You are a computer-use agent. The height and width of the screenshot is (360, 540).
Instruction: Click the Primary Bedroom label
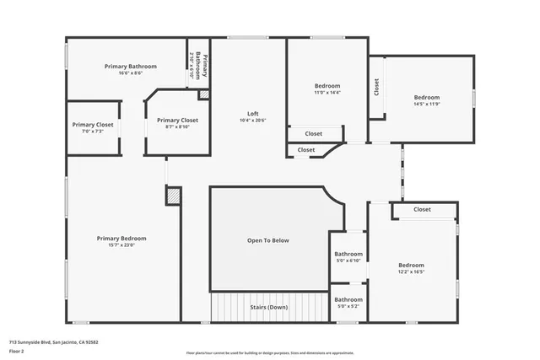[x=121, y=239]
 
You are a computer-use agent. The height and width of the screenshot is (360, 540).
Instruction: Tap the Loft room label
[x=252, y=114]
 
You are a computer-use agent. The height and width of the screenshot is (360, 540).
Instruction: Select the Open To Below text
[x=268, y=240]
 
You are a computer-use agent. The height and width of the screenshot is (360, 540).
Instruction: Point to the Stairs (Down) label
[x=268, y=307]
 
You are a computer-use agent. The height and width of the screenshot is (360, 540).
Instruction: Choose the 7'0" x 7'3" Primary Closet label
[x=93, y=125]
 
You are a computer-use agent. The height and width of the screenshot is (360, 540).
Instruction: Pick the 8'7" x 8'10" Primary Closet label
[x=177, y=121]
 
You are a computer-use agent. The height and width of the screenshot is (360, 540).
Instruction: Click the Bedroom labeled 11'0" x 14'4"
[x=327, y=86]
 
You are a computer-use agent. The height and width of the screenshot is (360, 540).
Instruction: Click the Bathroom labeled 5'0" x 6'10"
[x=348, y=254]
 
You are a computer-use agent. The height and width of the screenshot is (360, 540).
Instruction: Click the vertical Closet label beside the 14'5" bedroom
[x=376, y=87]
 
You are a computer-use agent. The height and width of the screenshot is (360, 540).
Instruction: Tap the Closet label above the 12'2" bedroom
[x=422, y=209]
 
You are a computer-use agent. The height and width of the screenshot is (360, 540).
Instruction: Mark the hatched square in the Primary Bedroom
[x=173, y=196]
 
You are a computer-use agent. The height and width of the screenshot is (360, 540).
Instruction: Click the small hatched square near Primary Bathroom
[x=202, y=94]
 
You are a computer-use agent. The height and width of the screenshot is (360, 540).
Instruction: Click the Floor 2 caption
[x=17, y=351]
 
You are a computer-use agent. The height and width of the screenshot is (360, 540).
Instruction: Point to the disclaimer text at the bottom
[x=270, y=352]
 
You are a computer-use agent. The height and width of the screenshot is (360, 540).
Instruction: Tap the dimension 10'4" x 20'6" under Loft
[x=252, y=121]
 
